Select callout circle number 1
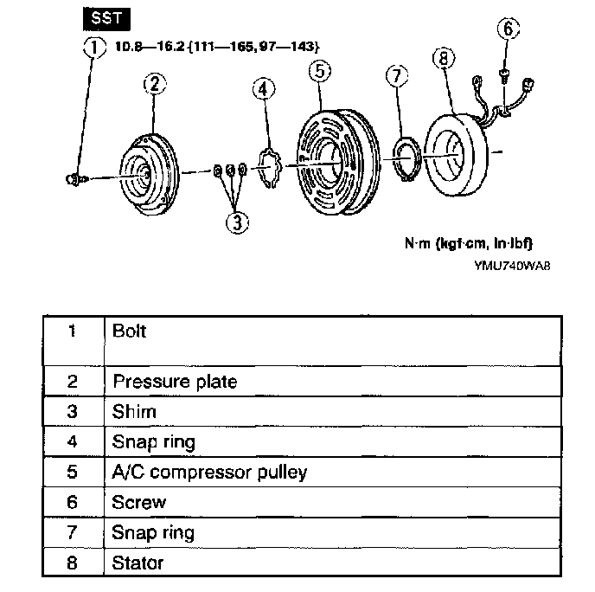(x=93, y=46)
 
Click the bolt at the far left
(x=74, y=178)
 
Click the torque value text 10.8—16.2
(x=148, y=44)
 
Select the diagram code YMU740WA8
(x=512, y=266)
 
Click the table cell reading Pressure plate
(x=175, y=382)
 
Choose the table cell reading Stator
(x=138, y=563)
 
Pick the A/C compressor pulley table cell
(x=210, y=473)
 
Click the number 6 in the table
(x=73, y=503)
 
